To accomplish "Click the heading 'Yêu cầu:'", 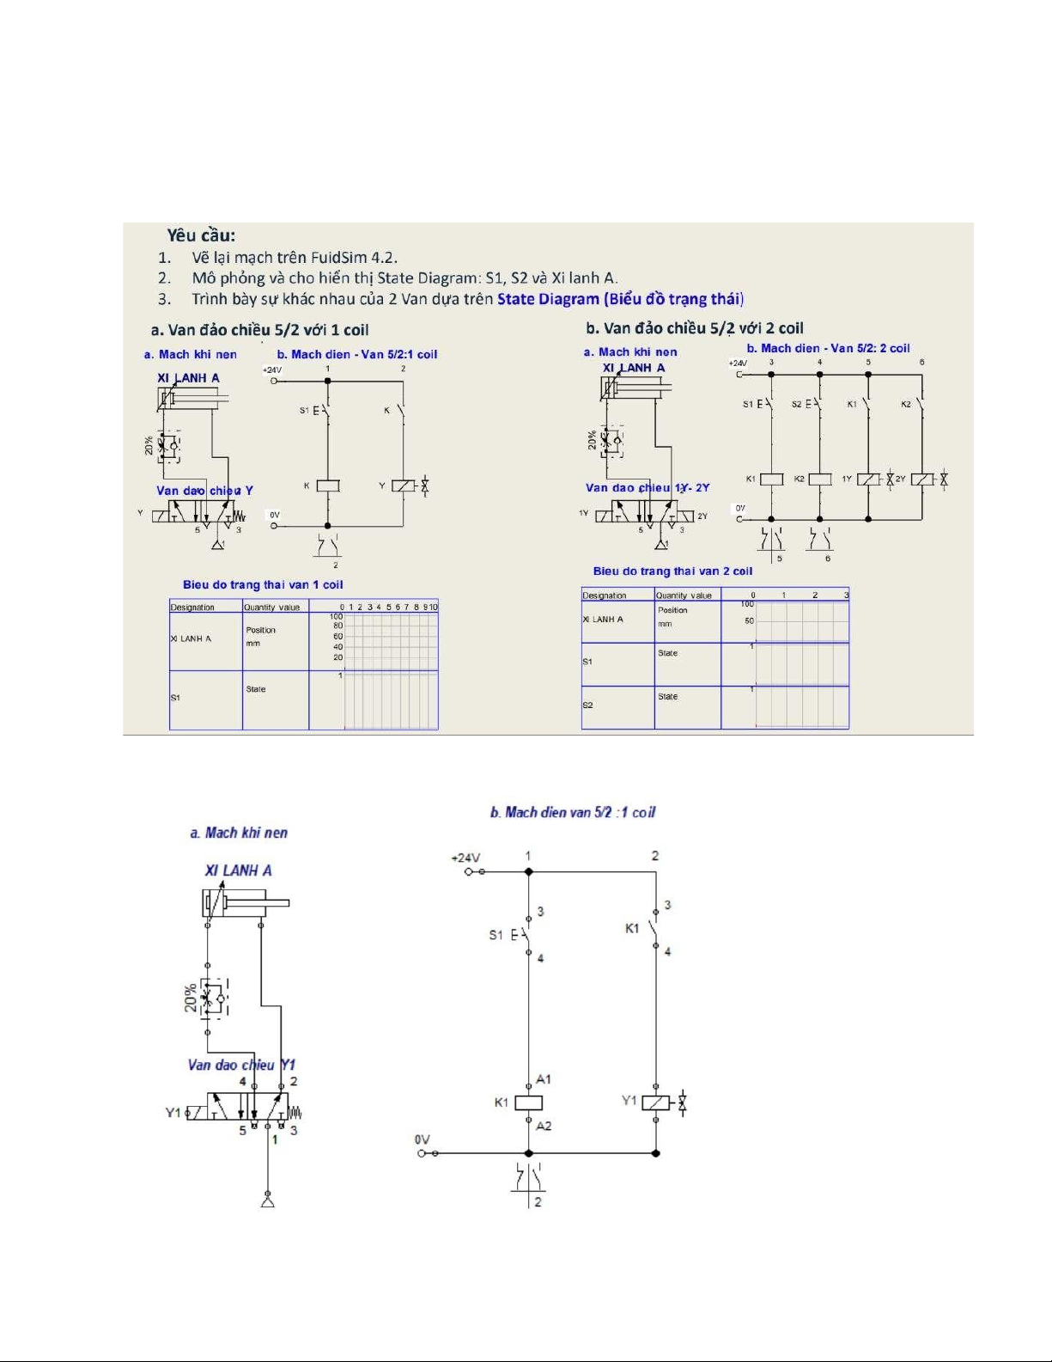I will click(201, 235).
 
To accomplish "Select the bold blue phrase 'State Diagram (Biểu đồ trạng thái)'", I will click(620, 299).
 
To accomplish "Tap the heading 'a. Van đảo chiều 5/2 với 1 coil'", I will click(259, 329).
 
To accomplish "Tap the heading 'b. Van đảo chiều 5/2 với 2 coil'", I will click(695, 327).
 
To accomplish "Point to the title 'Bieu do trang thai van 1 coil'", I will click(263, 584).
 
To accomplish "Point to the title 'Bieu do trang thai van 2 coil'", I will click(672, 571).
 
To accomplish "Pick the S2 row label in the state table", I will click(587, 705).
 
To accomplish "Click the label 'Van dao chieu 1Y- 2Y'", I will click(648, 487).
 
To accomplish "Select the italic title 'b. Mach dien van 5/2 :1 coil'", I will click(573, 812).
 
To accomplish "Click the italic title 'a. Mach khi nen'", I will click(239, 833).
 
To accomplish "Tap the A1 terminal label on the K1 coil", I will click(544, 1079).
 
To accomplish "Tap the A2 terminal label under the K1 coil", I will click(544, 1126).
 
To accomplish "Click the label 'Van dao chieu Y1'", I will click(241, 1065).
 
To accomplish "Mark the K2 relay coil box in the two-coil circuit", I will click(820, 479).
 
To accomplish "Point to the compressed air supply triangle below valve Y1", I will click(268, 1200).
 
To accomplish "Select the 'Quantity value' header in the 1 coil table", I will click(272, 607).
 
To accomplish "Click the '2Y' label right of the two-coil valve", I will click(702, 516).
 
